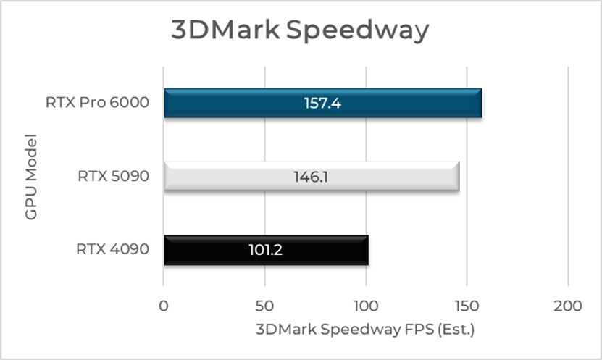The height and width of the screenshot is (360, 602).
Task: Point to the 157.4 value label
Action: coord(322,103)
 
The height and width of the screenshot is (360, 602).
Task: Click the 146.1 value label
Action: coord(312,176)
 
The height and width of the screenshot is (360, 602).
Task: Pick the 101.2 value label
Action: coord(266,250)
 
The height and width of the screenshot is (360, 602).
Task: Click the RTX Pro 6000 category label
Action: coord(97,103)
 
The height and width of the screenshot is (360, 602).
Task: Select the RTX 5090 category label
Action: coord(112,176)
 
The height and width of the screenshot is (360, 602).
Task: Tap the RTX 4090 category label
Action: coord(112,250)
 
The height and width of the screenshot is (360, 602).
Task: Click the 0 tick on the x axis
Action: coord(164,306)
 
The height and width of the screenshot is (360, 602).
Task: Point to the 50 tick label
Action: coord(265,306)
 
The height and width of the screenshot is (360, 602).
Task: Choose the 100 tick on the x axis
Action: coord(366,306)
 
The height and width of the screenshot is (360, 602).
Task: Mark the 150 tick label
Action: coord(467,306)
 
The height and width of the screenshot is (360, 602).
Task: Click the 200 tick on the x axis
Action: coord(567,306)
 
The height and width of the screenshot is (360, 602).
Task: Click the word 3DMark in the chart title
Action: coord(225,31)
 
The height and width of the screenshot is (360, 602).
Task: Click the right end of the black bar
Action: coord(367,250)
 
